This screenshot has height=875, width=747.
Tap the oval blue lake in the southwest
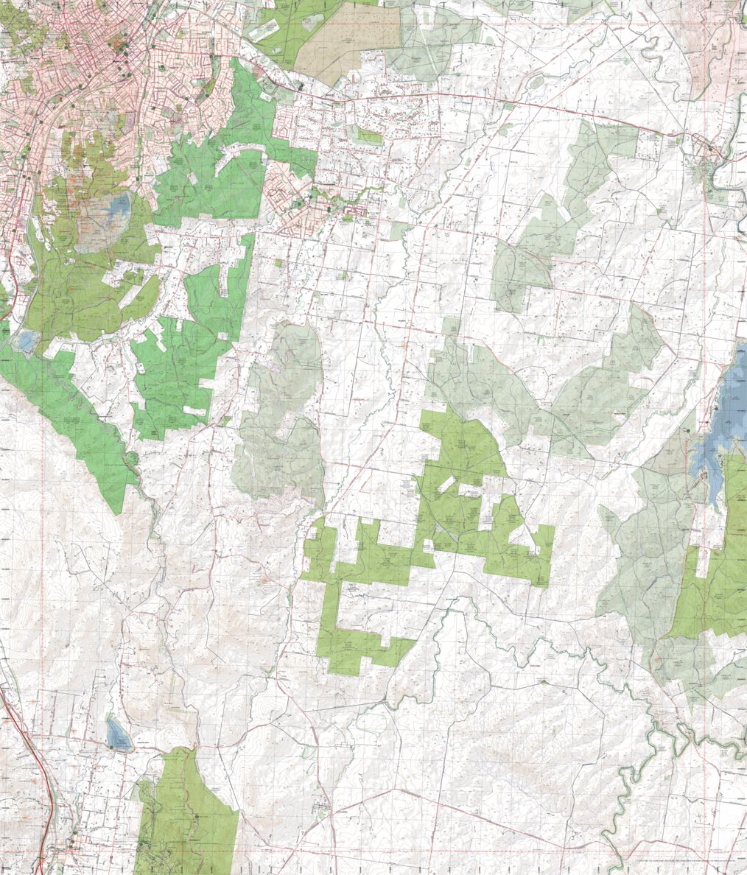pos(117,733)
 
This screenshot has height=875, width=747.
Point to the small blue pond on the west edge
pos(27,341)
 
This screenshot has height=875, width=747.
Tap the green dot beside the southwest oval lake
pos(111,748)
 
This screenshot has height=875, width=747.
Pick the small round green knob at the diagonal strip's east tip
pos(133,460)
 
